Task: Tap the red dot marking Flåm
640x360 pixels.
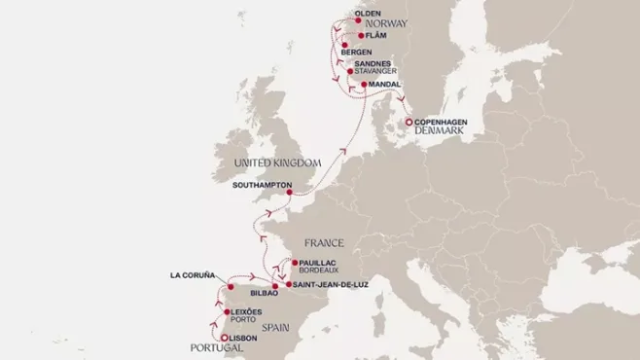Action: point(361,36)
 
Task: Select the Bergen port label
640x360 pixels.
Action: point(370,51)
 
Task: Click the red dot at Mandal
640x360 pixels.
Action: point(364,85)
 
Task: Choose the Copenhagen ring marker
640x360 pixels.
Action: point(408,122)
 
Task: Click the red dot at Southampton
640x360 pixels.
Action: point(290,192)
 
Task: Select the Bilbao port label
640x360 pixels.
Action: point(264,292)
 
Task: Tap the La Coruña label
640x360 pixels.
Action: point(191,275)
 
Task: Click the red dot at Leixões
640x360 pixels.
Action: point(226,312)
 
